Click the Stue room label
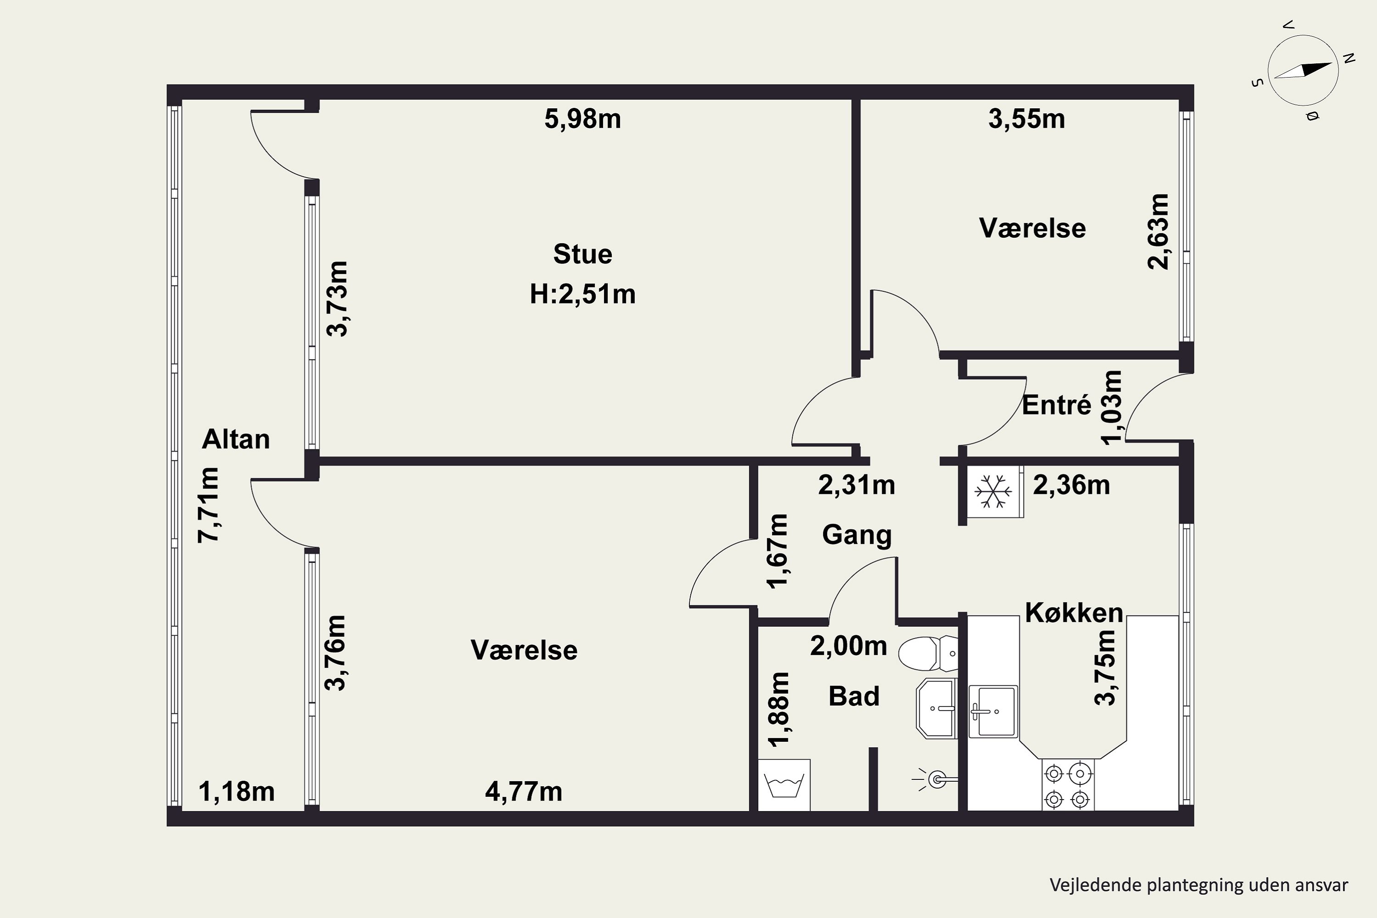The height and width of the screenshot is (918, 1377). pyautogui.click(x=582, y=254)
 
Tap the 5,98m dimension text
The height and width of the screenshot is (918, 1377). pyautogui.click(x=582, y=119)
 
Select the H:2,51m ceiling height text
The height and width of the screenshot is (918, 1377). pyautogui.click(x=582, y=294)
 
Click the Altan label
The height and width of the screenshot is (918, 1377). pyautogui.click(x=236, y=439)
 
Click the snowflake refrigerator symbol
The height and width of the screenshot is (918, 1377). pyautogui.click(x=992, y=491)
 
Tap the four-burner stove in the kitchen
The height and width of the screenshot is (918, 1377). pyautogui.click(x=1068, y=785)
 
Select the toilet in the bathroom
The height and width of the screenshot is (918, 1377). pyautogui.click(x=928, y=653)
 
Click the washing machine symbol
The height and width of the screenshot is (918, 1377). pyautogui.click(x=784, y=785)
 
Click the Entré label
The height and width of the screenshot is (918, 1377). pyautogui.click(x=1057, y=405)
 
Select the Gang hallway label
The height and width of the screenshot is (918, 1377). pyautogui.click(x=857, y=535)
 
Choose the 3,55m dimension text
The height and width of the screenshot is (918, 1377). pyautogui.click(x=1027, y=119)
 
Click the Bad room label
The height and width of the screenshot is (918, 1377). pyautogui.click(x=854, y=697)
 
